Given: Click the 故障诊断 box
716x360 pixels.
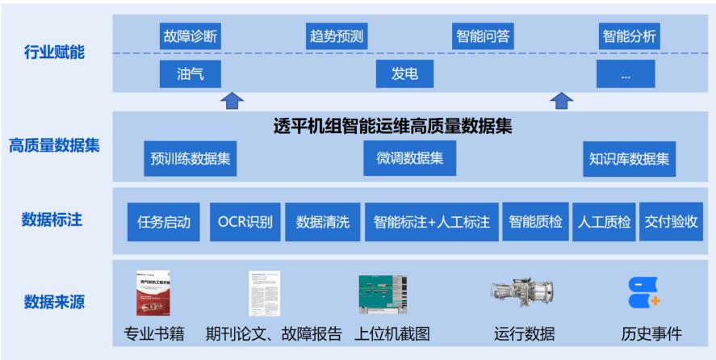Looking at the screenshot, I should pos(190,36).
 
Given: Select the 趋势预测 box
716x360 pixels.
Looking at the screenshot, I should pos(337,36).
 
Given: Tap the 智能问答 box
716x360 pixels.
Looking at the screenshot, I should pos(483,36).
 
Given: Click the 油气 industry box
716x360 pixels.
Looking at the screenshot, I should pos(190,74).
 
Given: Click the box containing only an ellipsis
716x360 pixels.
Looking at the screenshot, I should pos(626,74).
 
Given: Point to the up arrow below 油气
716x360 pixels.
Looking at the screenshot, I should pos(232,100).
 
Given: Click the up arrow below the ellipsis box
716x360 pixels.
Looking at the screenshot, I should pos(562,100).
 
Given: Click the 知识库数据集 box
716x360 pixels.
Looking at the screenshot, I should pos(630,158).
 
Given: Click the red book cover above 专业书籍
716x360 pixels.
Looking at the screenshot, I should pos(153,292).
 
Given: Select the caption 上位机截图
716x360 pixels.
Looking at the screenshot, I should pos(394,333).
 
